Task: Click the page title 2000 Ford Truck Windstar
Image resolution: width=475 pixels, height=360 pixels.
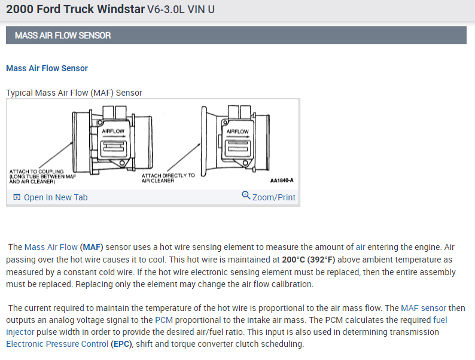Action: pos(75,10)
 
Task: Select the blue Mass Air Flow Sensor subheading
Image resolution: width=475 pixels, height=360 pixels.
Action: pos(47,68)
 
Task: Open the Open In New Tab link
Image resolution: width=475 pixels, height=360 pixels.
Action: pos(55,197)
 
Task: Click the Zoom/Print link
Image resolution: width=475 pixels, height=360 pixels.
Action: pos(274,197)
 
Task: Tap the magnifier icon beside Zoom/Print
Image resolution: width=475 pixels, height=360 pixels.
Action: pos(246,196)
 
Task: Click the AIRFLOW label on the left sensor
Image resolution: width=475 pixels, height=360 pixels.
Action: pos(114,131)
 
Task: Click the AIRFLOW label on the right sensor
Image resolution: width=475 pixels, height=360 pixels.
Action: pos(237,131)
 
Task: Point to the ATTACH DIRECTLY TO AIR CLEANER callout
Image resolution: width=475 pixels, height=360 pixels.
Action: pos(168,178)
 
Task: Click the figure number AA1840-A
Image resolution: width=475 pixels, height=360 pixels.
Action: pos(281,180)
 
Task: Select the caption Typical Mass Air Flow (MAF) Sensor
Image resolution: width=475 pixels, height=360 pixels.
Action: pos(74,93)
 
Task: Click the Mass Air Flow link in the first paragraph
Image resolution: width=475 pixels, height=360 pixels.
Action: pos(51,246)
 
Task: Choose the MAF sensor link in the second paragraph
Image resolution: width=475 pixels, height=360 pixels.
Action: pos(424,308)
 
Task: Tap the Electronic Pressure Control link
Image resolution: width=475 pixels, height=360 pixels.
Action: pos(57,344)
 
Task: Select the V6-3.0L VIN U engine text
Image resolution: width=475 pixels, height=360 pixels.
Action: pos(181,10)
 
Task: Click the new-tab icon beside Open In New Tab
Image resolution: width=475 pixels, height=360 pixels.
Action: pos(17,197)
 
